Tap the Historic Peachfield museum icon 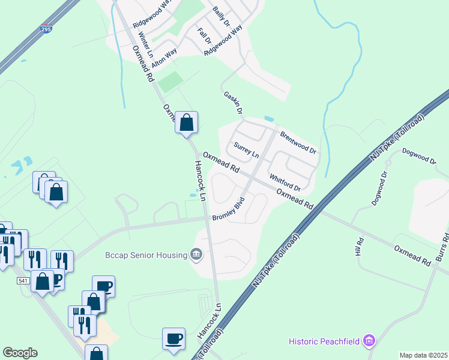tap(369, 341)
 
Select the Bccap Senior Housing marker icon tap(196, 255)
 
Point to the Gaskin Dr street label tap(232, 103)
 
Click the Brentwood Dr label tap(297, 142)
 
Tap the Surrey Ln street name tap(246, 150)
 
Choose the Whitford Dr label tap(285, 182)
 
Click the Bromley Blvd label tap(228, 208)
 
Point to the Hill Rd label tap(360, 248)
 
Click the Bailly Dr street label tap(221, 17)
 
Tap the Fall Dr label tap(204, 35)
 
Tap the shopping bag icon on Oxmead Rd tap(187, 122)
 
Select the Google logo tap(20, 352)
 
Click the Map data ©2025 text tap(423, 355)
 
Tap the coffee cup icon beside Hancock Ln tap(174, 338)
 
